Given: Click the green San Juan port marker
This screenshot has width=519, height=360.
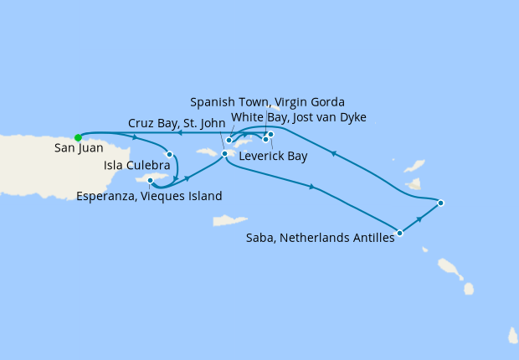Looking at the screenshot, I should pyautogui.click(x=78, y=138).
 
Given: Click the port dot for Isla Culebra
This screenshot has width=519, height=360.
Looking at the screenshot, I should pyautogui.click(x=170, y=154).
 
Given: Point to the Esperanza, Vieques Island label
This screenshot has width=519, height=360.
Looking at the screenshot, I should pyautogui.click(x=149, y=197).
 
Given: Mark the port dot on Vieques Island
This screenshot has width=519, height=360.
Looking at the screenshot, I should pyautogui.click(x=150, y=180).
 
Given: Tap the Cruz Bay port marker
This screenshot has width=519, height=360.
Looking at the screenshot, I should pyautogui.click(x=224, y=153).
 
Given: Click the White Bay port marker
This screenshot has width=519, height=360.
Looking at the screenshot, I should pyautogui.click(x=229, y=141).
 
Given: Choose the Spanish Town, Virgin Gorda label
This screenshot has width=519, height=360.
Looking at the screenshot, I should pyautogui.click(x=267, y=102).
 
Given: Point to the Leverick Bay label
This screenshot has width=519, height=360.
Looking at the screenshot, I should pyautogui.click(x=273, y=157).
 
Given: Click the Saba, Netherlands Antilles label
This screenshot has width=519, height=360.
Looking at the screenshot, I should pyautogui.click(x=320, y=239).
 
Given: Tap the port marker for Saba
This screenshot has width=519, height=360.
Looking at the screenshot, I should pyautogui.click(x=400, y=234).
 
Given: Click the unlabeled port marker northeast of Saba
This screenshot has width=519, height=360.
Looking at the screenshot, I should pyautogui.click(x=440, y=203).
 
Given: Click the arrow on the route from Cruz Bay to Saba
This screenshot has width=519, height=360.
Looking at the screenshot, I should pyautogui.click(x=312, y=187).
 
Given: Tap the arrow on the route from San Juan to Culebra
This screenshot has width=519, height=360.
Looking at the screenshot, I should pyautogui.click(x=135, y=137).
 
